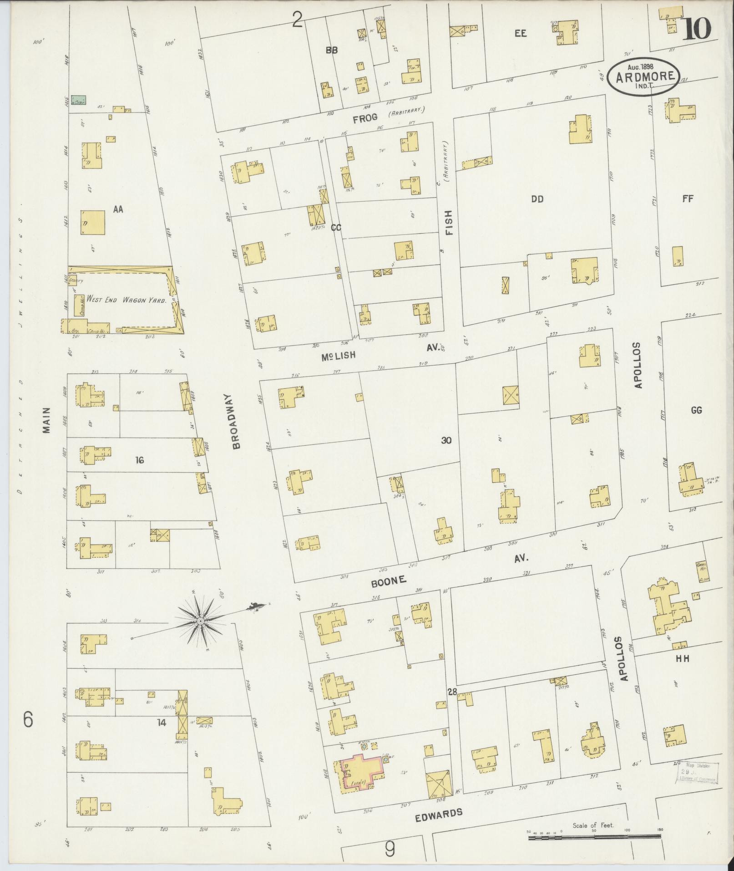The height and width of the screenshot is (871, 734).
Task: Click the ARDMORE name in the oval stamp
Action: click(x=645, y=76)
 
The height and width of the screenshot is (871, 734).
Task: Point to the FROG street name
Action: click(x=365, y=118)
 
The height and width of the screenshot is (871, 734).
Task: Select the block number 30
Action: click(x=446, y=440)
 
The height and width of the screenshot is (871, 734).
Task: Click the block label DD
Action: click(x=537, y=199)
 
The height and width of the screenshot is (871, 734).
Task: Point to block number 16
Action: click(x=139, y=460)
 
